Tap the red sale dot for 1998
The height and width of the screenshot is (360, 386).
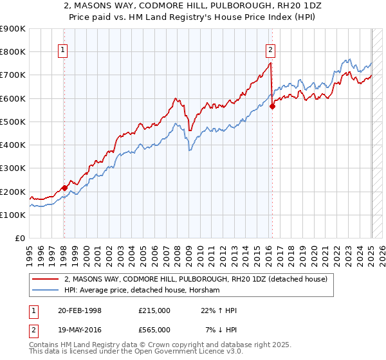[64, 188]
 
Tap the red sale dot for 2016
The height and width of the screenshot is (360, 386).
[272, 107]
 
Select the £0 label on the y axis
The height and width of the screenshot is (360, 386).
[19, 238]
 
